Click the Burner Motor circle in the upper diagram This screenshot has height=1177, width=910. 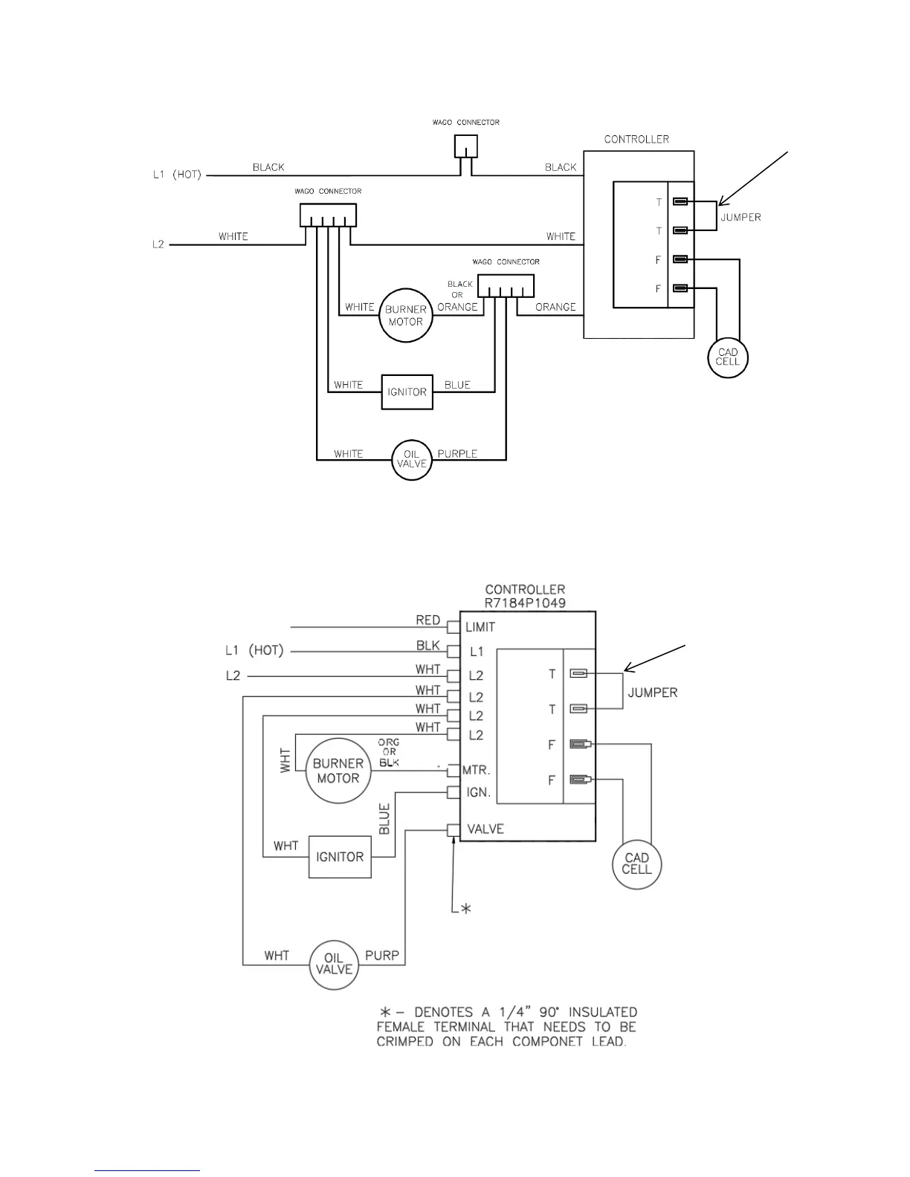click(405, 316)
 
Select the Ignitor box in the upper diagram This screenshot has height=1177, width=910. click(407, 392)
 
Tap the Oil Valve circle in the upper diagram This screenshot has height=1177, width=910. click(411, 458)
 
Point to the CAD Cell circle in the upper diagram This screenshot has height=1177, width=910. click(727, 357)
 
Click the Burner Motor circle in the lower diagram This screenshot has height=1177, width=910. click(338, 771)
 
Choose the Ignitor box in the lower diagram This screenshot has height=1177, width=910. click(340, 857)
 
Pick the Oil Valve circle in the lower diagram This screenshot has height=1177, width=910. click(334, 964)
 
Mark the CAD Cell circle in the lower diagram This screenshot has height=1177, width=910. click(636, 863)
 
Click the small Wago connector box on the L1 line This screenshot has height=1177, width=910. click(466, 146)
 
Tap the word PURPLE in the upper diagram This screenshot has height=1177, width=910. click(457, 454)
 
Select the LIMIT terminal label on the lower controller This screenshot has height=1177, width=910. click(480, 627)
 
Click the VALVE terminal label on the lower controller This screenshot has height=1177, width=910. click(485, 829)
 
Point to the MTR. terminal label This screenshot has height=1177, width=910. click(477, 771)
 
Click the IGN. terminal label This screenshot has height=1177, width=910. click(479, 793)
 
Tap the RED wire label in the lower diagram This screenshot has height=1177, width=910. click(428, 620)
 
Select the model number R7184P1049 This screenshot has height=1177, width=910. click(525, 603)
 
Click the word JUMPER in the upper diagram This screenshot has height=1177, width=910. click(740, 218)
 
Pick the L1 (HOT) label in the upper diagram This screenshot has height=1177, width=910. click(177, 175)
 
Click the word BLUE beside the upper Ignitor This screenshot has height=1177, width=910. click(457, 385)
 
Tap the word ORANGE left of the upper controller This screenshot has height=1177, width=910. click(555, 307)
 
